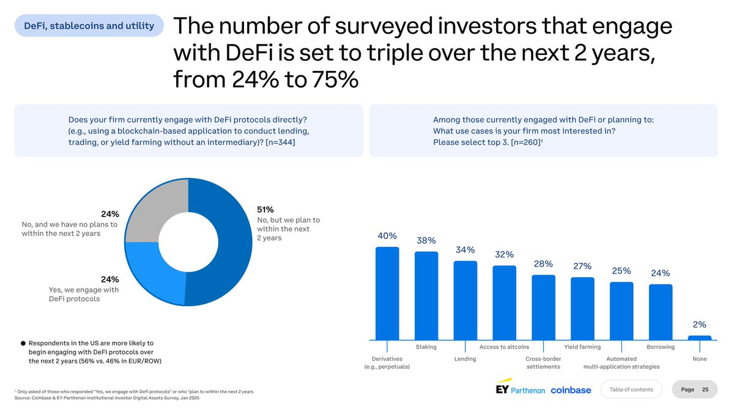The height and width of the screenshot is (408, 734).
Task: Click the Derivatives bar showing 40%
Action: (x=387, y=293)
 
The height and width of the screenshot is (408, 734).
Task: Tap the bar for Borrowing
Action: (x=661, y=311)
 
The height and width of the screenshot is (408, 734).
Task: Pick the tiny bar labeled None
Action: (x=700, y=338)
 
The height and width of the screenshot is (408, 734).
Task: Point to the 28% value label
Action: (x=543, y=264)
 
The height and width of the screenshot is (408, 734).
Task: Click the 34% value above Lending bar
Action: (x=465, y=250)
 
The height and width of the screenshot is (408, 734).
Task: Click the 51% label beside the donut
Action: (x=265, y=209)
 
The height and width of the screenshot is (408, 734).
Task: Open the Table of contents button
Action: (x=631, y=389)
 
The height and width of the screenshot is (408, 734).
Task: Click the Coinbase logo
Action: (x=570, y=390)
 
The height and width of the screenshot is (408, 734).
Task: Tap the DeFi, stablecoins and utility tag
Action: (x=89, y=26)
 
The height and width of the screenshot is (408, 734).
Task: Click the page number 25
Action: (x=705, y=389)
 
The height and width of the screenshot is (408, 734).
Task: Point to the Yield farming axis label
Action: (x=582, y=347)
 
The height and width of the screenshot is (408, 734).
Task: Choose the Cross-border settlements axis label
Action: (x=543, y=363)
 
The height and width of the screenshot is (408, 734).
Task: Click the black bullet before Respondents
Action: (x=23, y=343)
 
